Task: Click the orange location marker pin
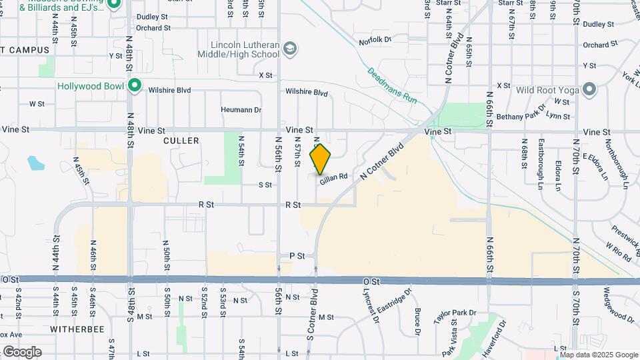pos(321,159)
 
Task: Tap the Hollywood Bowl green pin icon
pos(135,85)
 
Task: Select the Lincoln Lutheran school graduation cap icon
pos(290,49)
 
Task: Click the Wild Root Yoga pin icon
pos(589,89)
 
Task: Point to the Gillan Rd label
pos(334,177)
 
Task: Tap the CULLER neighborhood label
pos(181,141)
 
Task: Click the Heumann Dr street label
pos(241,109)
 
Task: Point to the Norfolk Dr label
pos(374,40)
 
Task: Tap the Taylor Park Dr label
pos(455,317)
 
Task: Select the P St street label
pos(297,255)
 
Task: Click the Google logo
pos(22,352)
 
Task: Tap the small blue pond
pos(34,162)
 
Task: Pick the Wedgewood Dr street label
pos(611,303)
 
